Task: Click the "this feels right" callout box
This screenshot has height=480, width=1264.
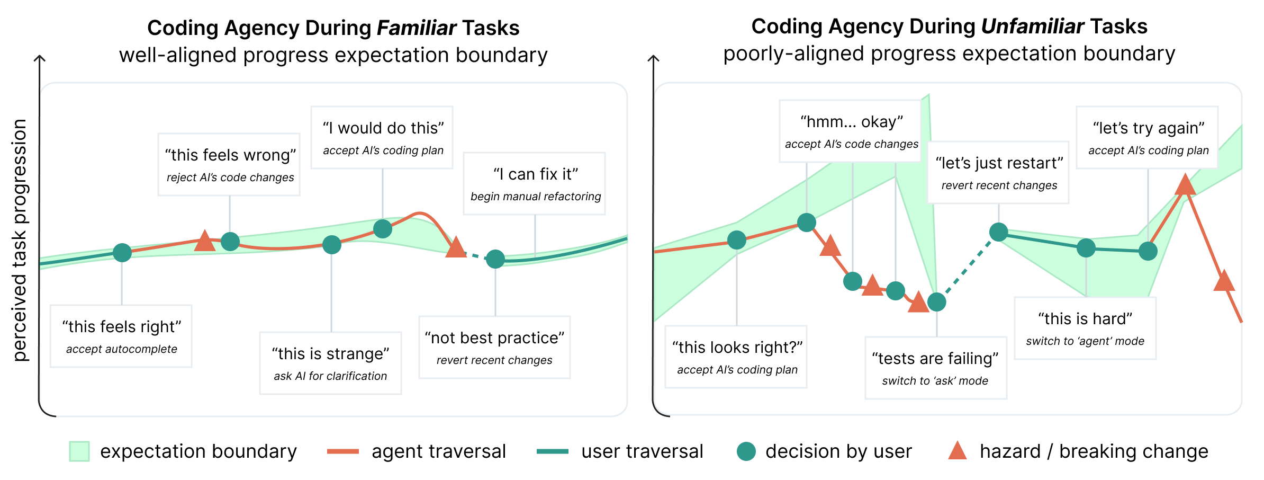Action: pyautogui.click(x=121, y=336)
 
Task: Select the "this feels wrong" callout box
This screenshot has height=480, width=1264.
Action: pyautogui.click(x=229, y=165)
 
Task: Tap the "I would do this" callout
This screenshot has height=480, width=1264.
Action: pyautogui.click(x=382, y=138)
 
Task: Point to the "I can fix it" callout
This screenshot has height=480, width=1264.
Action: pyautogui.click(x=535, y=184)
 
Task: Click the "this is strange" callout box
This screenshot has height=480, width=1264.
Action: pyautogui.click(x=331, y=363)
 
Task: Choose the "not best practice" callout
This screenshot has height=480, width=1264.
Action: pyautogui.click(x=494, y=348)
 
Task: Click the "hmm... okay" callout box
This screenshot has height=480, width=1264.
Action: pyautogui.click(x=851, y=131)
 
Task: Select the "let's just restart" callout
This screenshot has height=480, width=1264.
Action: pyautogui.click(x=998, y=173)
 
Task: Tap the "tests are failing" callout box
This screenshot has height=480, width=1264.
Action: pyautogui.click(x=936, y=368)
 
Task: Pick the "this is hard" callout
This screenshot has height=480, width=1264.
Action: pyautogui.click(x=1085, y=328)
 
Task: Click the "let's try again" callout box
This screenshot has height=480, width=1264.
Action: pyautogui.click(x=1148, y=138)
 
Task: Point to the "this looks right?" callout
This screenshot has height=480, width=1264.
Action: pyautogui.click(x=736, y=357)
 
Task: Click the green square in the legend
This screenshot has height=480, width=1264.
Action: pyautogui.click(x=79, y=451)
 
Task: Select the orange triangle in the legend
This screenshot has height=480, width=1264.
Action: pyautogui.click(x=957, y=451)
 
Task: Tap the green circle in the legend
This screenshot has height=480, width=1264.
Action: pyautogui.click(x=746, y=451)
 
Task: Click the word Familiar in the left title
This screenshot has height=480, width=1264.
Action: pyautogui.click(x=417, y=28)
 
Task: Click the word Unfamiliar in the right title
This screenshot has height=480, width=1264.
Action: pyautogui.click(x=1032, y=26)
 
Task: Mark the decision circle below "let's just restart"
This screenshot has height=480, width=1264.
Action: pyautogui.click(x=998, y=232)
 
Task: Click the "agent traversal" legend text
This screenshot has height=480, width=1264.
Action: pyautogui.click(x=439, y=451)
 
